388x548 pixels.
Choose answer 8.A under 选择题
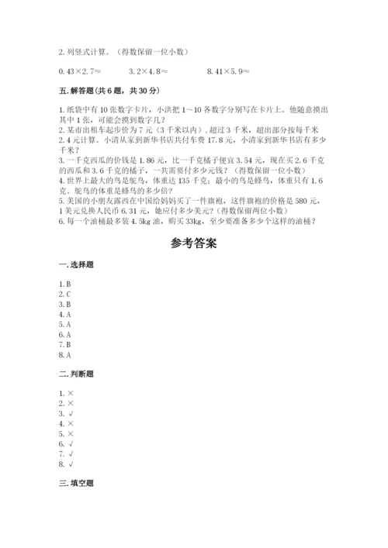pyautogui.click(x=64, y=355)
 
